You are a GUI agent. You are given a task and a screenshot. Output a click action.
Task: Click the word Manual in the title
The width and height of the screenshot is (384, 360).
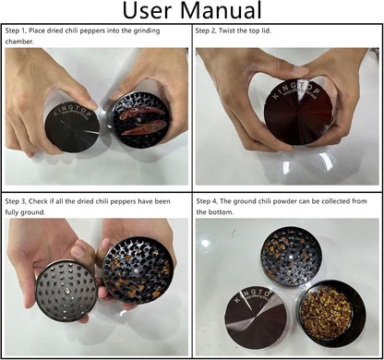click(x=221, y=10)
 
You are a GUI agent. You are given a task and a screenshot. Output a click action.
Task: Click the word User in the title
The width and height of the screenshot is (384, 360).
click(x=147, y=10)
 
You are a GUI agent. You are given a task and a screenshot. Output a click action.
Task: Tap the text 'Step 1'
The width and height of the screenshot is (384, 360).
click(x=15, y=31)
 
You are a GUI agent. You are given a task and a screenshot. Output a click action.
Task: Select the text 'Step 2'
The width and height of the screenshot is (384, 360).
click(x=206, y=30)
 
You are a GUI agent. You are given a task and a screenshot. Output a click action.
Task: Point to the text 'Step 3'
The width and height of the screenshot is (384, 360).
click(x=15, y=201)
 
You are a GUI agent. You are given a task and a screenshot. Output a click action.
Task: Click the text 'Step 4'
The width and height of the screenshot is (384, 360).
click(x=207, y=201)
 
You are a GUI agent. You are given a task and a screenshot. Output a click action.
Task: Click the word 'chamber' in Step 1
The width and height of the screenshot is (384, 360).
click(x=18, y=42)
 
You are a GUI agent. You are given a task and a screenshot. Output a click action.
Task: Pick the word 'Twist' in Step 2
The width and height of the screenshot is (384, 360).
click(x=226, y=30)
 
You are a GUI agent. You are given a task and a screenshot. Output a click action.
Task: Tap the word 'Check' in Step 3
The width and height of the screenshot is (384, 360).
click(x=38, y=201)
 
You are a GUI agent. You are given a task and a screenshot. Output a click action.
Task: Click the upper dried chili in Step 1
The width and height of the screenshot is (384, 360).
click(x=142, y=113)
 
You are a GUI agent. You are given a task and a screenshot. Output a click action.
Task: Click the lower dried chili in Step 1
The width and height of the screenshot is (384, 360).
click(x=144, y=127)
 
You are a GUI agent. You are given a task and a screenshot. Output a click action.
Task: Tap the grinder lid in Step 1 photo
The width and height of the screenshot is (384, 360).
click(x=73, y=127)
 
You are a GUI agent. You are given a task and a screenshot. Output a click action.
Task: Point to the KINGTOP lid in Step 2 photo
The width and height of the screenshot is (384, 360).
click(x=298, y=113)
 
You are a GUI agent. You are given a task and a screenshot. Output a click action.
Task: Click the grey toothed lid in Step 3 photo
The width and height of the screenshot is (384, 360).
click(x=66, y=291)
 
